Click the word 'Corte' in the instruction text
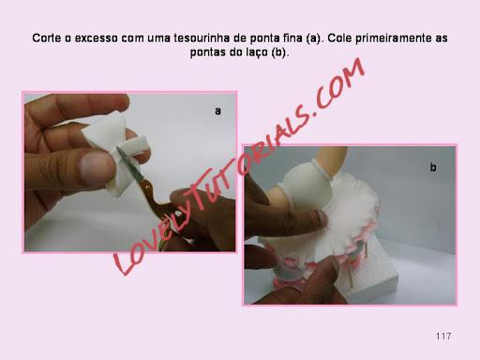tap(47, 38)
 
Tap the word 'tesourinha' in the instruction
tap(200, 38)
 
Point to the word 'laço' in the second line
tap(258, 52)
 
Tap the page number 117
tap(443, 337)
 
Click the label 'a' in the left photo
tap(217, 111)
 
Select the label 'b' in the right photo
tap(433, 168)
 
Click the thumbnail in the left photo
tap(94, 165)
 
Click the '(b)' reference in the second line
tap(279, 52)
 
